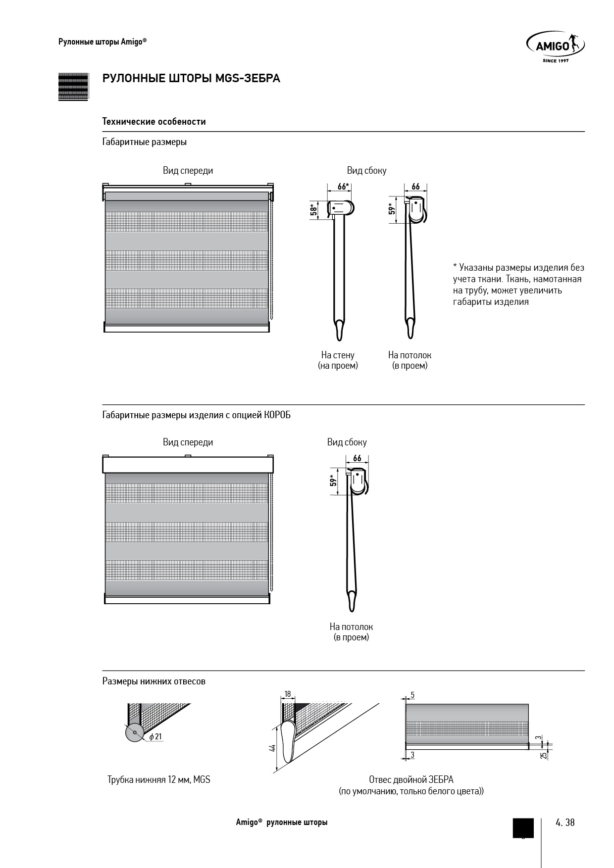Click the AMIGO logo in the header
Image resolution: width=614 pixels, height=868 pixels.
(x=555, y=47)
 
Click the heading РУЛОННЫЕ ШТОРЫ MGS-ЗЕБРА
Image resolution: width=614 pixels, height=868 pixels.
(x=191, y=79)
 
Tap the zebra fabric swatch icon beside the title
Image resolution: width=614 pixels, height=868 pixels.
(x=73, y=87)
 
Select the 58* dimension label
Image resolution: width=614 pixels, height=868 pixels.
(x=313, y=209)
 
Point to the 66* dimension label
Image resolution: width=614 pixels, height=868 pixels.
(x=343, y=187)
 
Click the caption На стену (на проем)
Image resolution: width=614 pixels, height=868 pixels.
(x=338, y=360)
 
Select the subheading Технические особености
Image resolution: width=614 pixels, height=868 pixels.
(x=154, y=122)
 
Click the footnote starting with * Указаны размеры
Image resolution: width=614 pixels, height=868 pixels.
(x=518, y=285)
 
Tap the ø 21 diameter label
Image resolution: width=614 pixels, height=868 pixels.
(x=155, y=736)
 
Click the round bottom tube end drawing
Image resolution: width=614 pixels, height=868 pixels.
(x=134, y=732)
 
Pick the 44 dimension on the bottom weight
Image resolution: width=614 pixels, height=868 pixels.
(x=272, y=748)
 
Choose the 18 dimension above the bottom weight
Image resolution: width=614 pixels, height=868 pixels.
(x=287, y=694)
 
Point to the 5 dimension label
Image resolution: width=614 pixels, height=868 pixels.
(x=412, y=695)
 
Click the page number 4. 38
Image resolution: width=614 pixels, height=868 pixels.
(x=565, y=822)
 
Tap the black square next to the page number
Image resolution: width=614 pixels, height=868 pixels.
(x=523, y=827)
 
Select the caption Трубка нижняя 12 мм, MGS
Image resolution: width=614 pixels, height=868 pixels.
(x=159, y=779)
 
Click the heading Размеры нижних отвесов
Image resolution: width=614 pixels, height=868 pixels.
(x=154, y=681)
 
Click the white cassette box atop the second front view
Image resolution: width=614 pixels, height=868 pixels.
(x=188, y=465)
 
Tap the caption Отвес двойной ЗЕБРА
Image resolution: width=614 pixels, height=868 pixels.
(x=411, y=779)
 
